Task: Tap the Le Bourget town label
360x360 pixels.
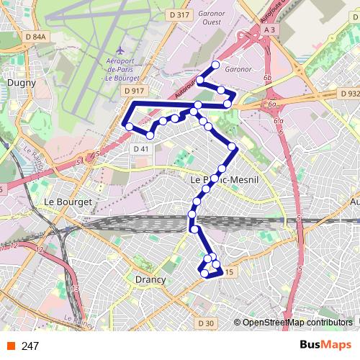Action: tap(68, 202)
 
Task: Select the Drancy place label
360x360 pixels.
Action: tap(150, 279)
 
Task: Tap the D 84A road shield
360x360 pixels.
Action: tap(34, 37)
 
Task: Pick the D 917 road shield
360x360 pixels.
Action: tap(134, 91)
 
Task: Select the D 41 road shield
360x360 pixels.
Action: tap(141, 148)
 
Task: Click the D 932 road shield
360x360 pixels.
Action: tap(348, 94)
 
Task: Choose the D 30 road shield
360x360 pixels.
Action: tap(205, 323)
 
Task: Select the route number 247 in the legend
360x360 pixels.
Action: tap(30, 346)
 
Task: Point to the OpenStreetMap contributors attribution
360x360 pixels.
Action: tap(297, 323)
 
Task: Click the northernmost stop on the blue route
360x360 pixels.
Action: tap(215, 66)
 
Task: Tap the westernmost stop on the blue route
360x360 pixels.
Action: tap(129, 127)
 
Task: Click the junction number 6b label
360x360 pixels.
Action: tap(267, 77)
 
